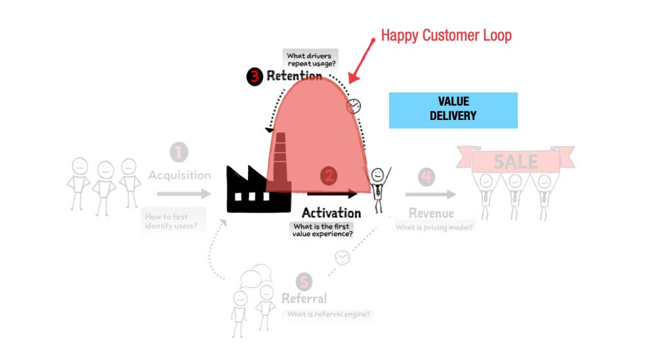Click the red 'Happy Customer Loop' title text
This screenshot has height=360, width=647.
click(x=446, y=35)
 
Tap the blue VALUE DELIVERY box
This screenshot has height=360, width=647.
click(x=453, y=110)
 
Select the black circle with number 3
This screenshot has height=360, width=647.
click(x=255, y=77)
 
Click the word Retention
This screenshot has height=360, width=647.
click(x=294, y=76)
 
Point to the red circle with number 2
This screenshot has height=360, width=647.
click(x=329, y=176)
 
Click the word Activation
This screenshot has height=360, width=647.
click(x=331, y=213)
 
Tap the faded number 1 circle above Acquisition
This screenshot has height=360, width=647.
click(x=178, y=153)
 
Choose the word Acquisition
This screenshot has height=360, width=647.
click(x=179, y=175)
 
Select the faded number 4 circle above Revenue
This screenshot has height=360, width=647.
click(x=427, y=176)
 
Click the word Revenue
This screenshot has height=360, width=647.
click(x=431, y=213)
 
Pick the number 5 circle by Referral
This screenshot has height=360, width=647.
click(x=303, y=282)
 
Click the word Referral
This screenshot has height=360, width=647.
click(x=304, y=299)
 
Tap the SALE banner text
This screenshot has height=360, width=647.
click(x=516, y=161)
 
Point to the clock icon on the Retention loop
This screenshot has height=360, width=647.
click(x=354, y=106)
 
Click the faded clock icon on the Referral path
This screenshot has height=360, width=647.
click(x=342, y=258)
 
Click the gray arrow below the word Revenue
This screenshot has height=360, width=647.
click(x=430, y=194)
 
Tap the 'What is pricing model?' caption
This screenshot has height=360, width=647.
click(x=435, y=228)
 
